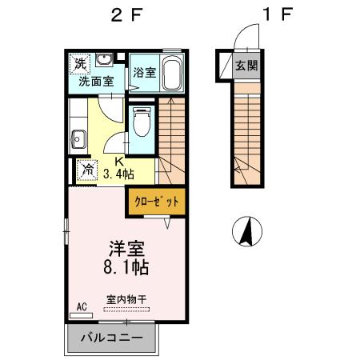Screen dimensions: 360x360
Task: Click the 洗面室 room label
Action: coord(95,81)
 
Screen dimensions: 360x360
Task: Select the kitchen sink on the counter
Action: coord(78,138)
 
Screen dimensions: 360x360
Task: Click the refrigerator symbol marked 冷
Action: coord(86,170)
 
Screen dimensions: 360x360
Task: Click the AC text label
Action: coord(81,306)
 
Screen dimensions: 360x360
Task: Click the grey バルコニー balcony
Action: coord(114,338)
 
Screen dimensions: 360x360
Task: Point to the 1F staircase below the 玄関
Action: coord(247,132)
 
